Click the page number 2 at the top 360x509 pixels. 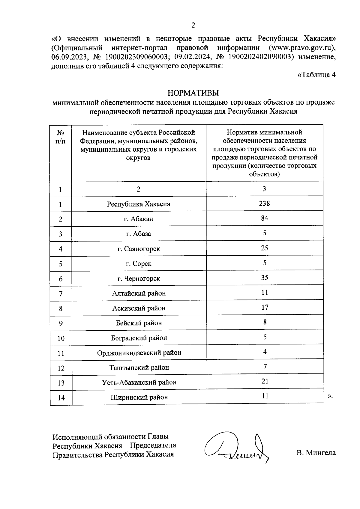point(193,25)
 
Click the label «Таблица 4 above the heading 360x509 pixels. point(316,75)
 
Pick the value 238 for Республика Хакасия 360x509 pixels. point(264,204)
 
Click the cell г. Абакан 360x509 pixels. point(139,219)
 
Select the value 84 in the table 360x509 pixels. point(264,218)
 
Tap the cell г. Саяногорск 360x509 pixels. point(139,249)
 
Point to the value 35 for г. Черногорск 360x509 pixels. point(264,278)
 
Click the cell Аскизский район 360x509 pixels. point(139,308)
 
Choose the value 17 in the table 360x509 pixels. point(265,307)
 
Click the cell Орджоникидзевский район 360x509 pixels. point(139,353)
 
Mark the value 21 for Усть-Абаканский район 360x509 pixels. point(265,381)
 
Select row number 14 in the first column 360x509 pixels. point(61,398)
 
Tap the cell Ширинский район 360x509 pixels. point(139,397)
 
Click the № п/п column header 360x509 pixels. point(61,137)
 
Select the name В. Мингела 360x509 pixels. point(316,453)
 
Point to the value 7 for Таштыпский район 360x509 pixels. point(265,367)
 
